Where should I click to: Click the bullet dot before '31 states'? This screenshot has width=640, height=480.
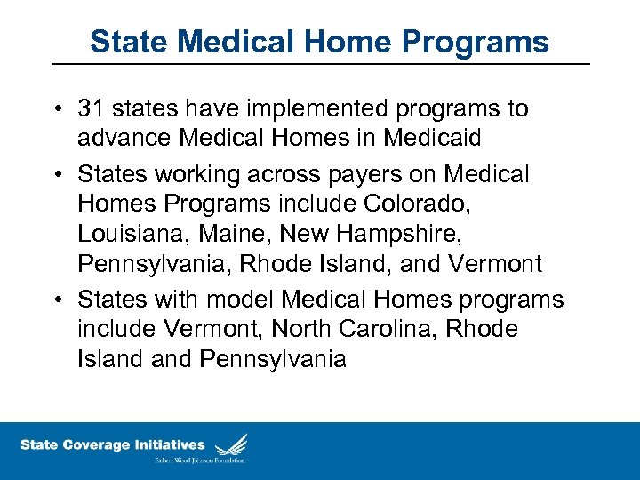(x=59, y=110)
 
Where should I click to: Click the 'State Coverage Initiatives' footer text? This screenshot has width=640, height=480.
(x=112, y=445)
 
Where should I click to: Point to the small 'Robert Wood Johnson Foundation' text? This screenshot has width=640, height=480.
(x=198, y=460)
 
